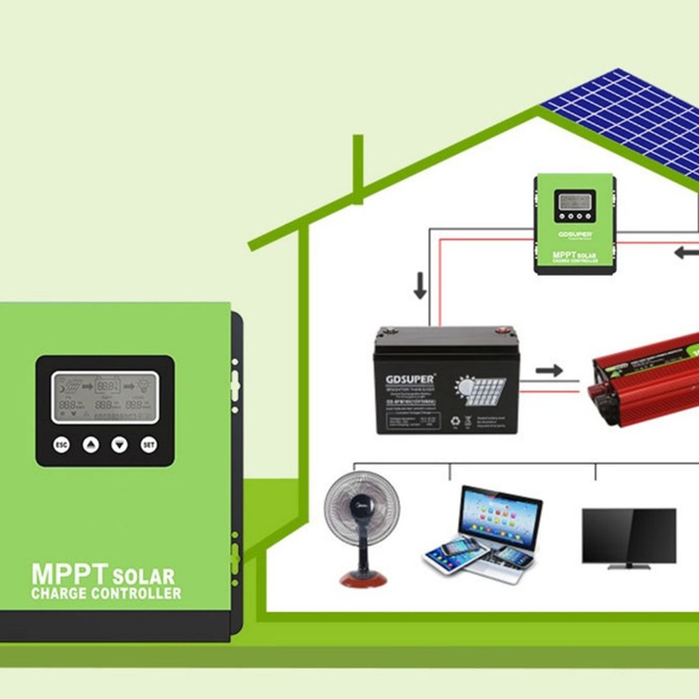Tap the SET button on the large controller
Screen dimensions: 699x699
149,446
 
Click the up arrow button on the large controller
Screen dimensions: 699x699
91,446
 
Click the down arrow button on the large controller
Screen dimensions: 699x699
119,446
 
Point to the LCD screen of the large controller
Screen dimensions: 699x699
105,397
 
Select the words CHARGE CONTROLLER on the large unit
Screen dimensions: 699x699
106,594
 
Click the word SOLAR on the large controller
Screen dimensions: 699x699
143,577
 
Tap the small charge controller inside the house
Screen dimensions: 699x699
575,224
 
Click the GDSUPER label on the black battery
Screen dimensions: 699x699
409,379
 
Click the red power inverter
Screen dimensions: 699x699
644,379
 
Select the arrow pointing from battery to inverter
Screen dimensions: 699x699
549,370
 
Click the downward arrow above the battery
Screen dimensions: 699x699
420,286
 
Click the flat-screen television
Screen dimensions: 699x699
629,536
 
